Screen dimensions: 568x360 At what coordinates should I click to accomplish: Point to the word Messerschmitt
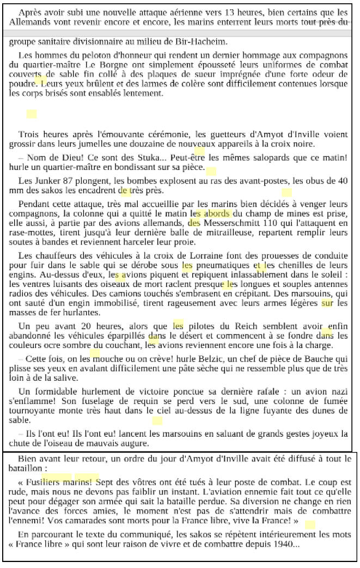click(229, 223)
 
